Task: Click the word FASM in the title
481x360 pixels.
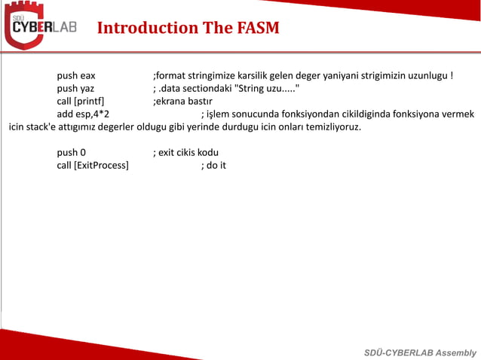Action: coord(256,29)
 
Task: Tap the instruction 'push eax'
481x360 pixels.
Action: coord(76,76)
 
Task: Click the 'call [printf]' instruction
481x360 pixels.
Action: coord(81,101)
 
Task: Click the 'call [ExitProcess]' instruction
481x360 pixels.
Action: coord(93,165)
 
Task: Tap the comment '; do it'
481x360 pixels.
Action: coord(213,165)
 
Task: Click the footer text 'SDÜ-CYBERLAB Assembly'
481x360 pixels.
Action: coord(420,352)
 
